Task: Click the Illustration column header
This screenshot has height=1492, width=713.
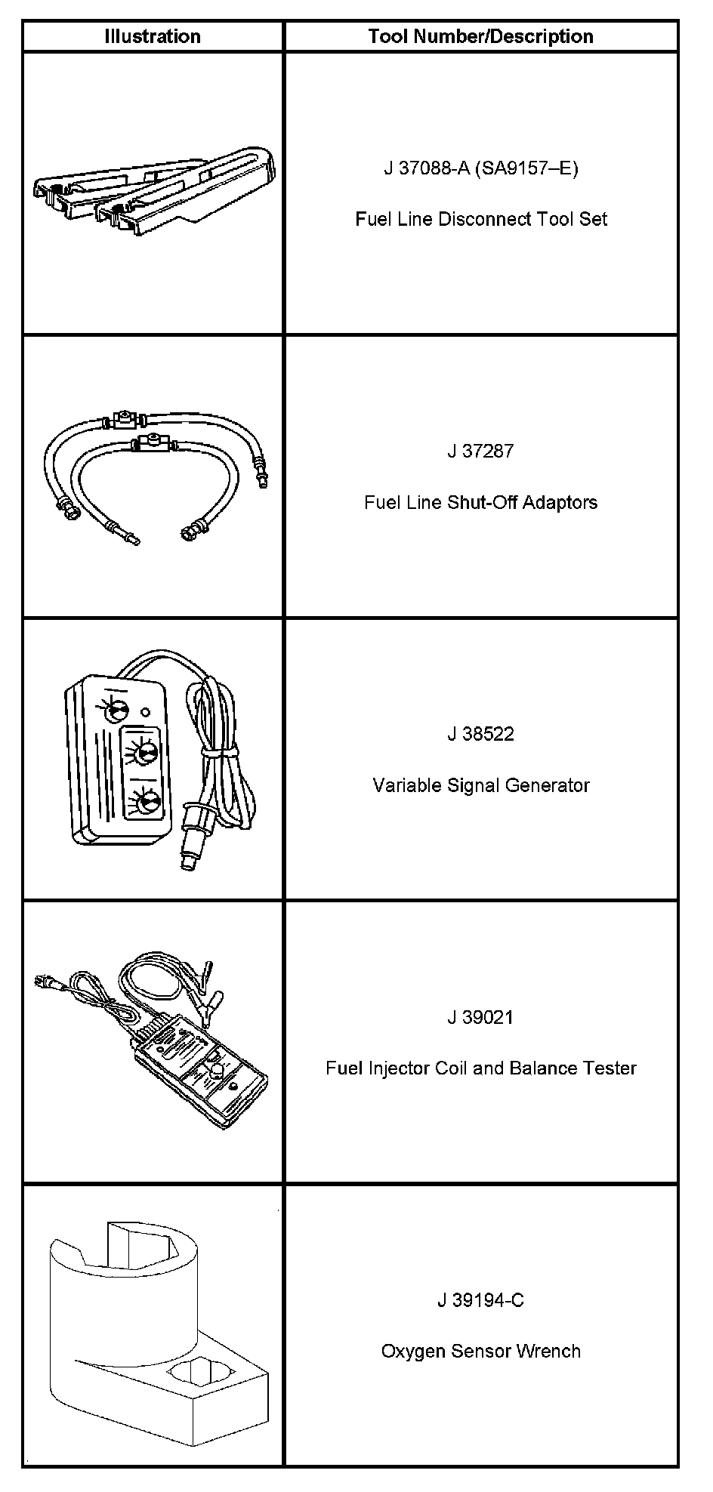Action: pos(153,36)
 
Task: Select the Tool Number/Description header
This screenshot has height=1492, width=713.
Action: pos(480,36)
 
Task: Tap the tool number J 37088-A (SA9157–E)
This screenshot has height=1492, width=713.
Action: pos(480,168)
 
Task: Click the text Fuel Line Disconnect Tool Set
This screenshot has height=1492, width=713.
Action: pos(480,219)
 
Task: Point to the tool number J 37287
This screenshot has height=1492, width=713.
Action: pos(480,451)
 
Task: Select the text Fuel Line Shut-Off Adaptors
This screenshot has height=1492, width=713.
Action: pos(480,502)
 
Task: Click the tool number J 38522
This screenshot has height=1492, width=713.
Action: pos(480,734)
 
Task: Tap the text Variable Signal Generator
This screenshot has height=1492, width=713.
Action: pos(480,785)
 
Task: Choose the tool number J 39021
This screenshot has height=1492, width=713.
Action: pos(480,1017)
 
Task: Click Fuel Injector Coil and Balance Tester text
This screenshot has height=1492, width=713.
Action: pos(480,1068)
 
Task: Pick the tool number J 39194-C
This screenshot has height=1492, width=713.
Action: pos(480,1300)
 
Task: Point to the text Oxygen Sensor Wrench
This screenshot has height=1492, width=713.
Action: pos(480,1352)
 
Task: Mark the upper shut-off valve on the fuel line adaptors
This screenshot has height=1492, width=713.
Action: pos(122,418)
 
